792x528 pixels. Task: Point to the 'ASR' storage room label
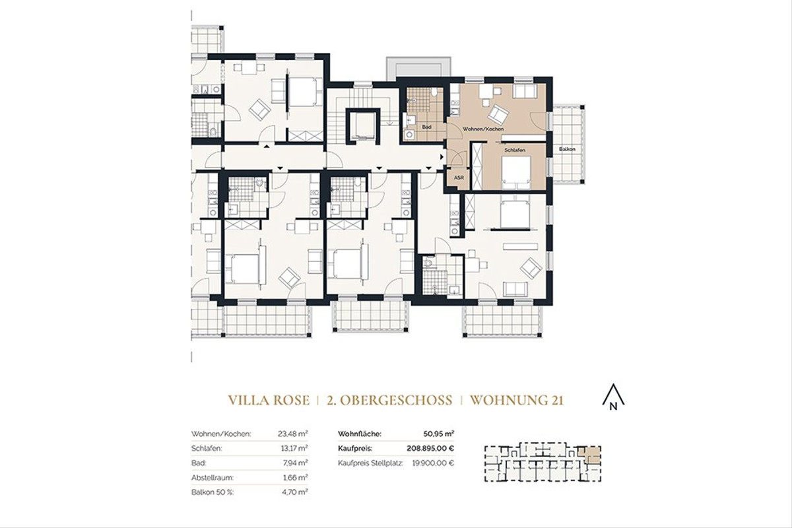click(458, 177)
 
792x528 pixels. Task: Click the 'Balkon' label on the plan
click(566, 149)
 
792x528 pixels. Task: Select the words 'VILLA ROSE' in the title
click(271, 401)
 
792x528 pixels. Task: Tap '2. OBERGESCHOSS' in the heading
click(389, 401)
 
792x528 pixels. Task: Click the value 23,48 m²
click(294, 434)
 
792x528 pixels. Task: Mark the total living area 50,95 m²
click(438, 434)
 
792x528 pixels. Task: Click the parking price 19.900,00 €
click(430, 463)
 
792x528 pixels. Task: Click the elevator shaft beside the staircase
click(362, 125)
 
